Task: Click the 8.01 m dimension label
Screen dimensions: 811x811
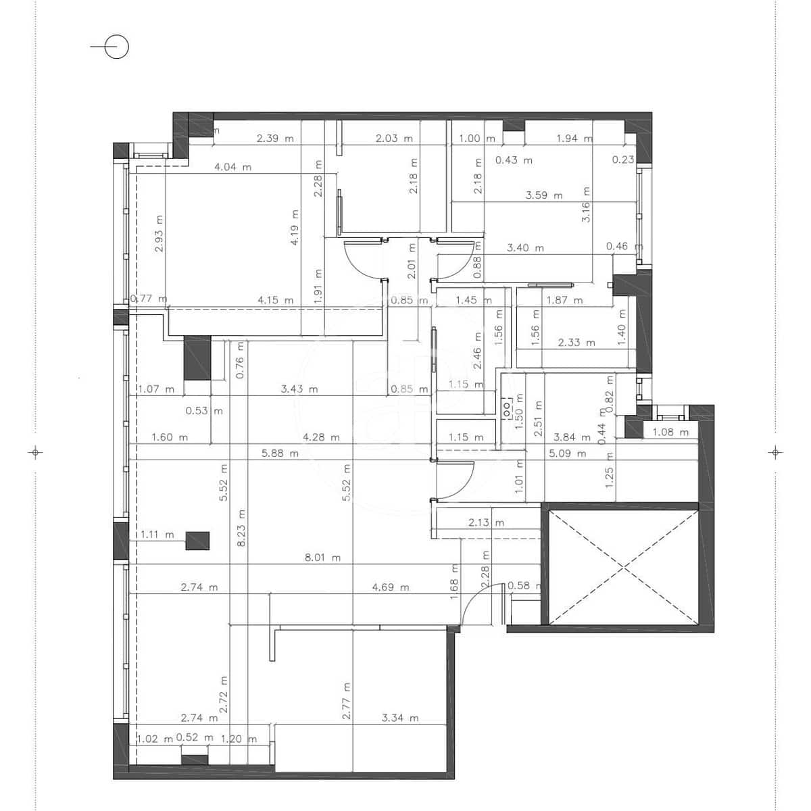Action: [x=322, y=558]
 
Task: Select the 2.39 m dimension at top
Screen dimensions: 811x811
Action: [x=275, y=139]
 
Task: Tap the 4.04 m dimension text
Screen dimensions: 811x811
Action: [x=232, y=167]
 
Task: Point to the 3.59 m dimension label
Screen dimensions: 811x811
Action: [x=544, y=195]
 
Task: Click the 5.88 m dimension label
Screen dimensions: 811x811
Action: [x=280, y=453]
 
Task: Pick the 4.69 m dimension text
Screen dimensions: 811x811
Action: [x=391, y=587]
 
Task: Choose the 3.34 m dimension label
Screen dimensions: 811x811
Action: [x=400, y=718]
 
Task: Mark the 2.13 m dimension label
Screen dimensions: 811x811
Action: [x=486, y=522]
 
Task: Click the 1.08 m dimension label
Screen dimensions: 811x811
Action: [x=670, y=432]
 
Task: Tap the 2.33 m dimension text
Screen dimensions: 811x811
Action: [x=576, y=343]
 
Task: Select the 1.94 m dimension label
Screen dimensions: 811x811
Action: [x=574, y=139]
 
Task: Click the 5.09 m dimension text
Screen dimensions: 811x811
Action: [x=568, y=453]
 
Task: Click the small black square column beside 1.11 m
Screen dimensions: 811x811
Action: [x=197, y=541]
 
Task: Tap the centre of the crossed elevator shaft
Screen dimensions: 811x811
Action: [x=622, y=568]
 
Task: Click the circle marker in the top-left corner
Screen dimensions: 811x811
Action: [x=118, y=47]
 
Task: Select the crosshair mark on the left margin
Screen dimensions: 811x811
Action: [x=36, y=452]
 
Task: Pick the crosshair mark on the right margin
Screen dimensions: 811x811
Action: [x=776, y=452]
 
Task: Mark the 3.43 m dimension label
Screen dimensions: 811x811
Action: [x=299, y=389]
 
